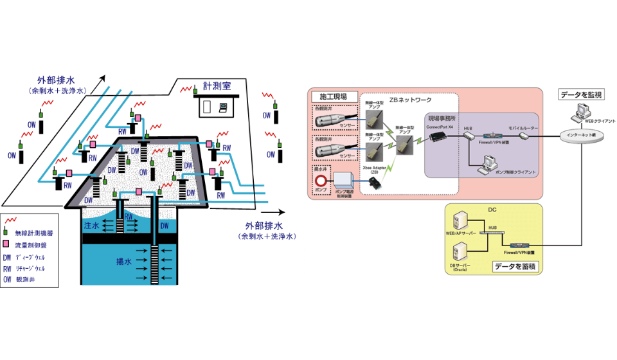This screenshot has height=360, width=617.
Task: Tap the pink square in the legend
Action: (8, 245)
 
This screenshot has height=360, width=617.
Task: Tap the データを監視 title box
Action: (581, 94)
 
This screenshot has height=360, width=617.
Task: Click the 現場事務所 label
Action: (443, 119)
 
